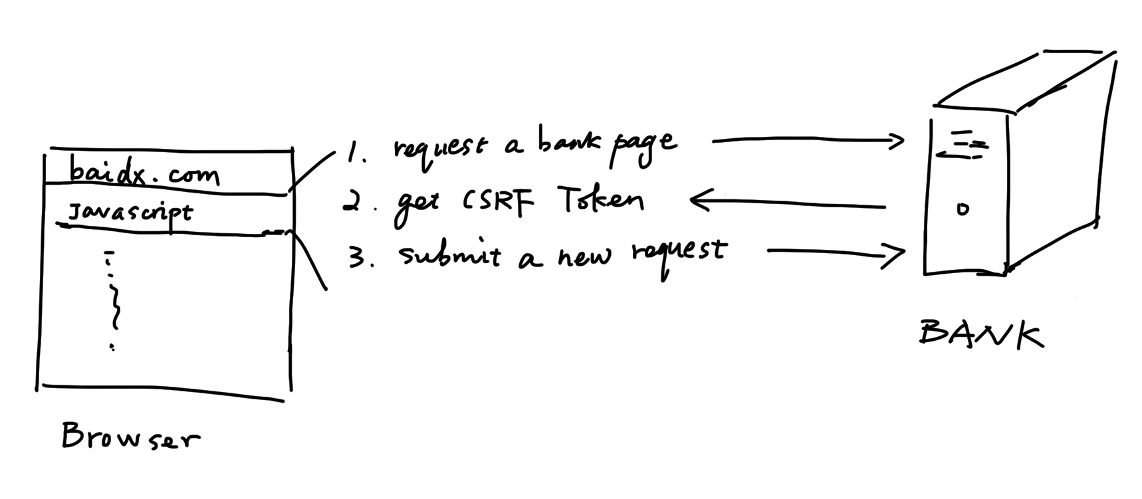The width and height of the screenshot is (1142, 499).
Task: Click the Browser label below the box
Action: click(130, 437)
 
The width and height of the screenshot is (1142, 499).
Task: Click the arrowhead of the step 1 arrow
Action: click(897, 140)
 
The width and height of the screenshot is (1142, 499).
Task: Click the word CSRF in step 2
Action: click(498, 201)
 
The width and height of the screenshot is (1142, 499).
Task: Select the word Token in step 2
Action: click(600, 199)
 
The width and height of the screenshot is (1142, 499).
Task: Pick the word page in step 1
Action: click(643, 146)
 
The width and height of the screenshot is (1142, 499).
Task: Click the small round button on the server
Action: click(963, 209)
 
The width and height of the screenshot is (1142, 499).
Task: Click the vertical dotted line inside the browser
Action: click(113, 299)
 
